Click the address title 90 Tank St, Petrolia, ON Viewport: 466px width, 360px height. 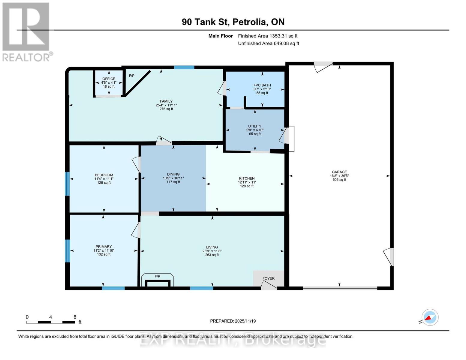click(x=233, y=22)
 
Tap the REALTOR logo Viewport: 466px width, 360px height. click(x=26, y=32)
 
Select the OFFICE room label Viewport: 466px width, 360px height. click(x=109, y=79)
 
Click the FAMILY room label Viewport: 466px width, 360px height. click(x=166, y=101)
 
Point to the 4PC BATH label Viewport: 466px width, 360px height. click(x=262, y=85)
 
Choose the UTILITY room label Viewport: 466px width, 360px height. click(x=255, y=126)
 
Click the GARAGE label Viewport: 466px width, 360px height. click(x=339, y=172)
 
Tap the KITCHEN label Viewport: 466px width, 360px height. click(x=247, y=178)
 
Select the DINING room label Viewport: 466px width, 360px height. click(x=173, y=174)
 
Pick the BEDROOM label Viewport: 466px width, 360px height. click(x=104, y=175)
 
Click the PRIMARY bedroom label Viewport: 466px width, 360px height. click(x=104, y=247)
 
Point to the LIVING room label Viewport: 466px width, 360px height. click(x=212, y=247)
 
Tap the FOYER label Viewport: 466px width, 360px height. click(x=268, y=278)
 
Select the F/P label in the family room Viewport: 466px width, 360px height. click(x=131, y=76)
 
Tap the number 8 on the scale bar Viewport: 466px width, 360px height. click(x=75, y=317)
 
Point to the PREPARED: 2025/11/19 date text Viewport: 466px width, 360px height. click(x=233, y=321)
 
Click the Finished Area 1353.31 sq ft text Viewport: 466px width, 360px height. click(x=268, y=36)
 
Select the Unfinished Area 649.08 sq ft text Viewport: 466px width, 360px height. click(x=269, y=43)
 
